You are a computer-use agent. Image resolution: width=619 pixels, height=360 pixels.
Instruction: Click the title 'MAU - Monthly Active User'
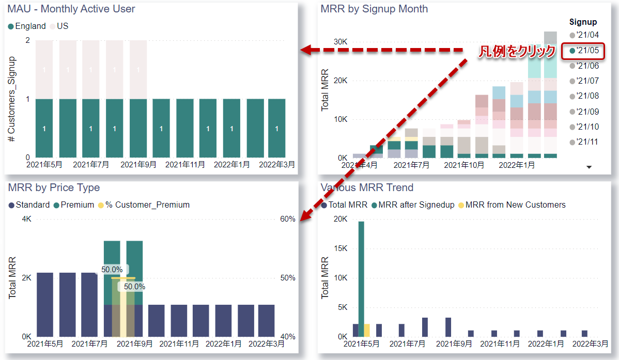tap(71, 9)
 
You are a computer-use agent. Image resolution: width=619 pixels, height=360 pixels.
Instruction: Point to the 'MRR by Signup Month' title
tap(374, 9)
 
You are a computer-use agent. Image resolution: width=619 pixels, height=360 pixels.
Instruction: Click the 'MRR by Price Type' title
tap(54, 187)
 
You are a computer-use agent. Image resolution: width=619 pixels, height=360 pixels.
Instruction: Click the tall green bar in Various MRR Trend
tap(361, 279)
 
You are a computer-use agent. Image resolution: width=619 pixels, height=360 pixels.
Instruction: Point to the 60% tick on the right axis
tap(288, 219)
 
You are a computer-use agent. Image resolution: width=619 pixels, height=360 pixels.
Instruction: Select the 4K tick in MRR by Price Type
tap(26, 219)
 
